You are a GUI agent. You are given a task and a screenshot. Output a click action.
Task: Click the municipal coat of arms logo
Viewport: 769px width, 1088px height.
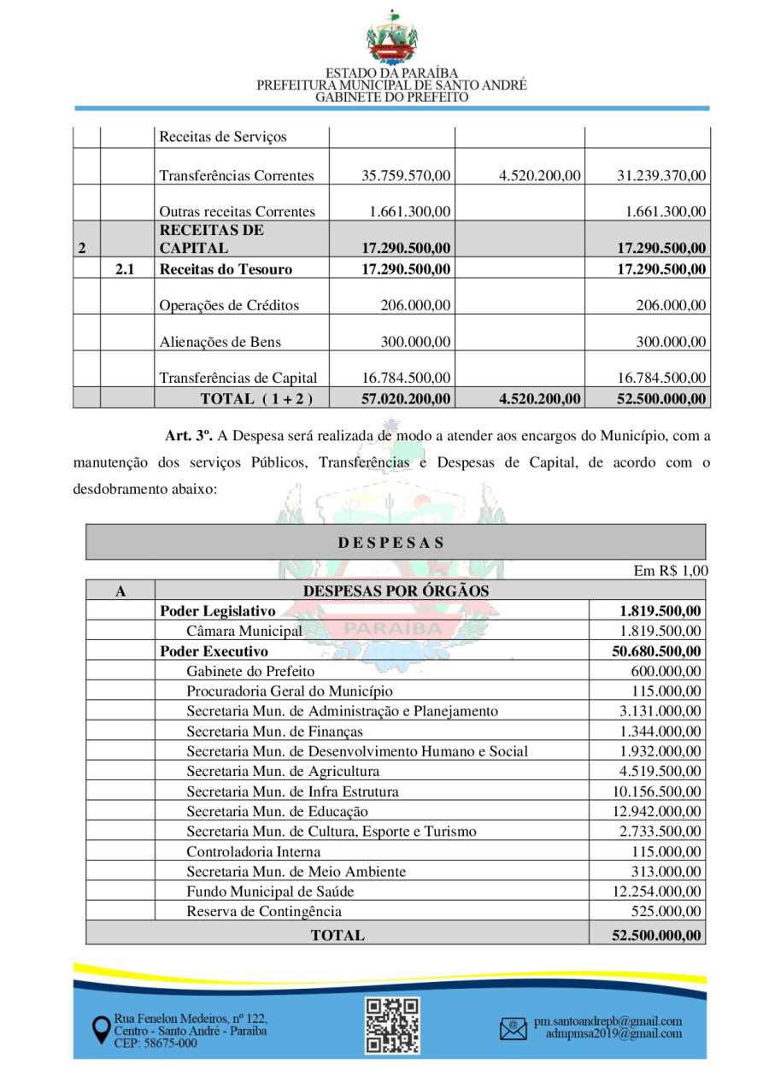(392, 38)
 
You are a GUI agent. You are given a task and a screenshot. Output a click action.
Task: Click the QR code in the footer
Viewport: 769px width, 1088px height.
(392, 1026)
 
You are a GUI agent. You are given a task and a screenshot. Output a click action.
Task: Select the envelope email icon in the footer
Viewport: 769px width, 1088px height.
(513, 1028)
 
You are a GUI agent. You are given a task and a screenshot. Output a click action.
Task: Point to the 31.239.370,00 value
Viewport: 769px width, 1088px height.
(661, 176)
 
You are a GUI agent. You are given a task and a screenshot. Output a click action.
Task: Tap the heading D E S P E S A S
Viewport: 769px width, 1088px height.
(390, 542)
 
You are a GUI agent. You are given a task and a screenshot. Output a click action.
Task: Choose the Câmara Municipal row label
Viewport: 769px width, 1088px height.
(244, 631)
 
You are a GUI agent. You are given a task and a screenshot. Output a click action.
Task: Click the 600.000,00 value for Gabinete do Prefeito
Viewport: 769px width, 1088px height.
(666, 671)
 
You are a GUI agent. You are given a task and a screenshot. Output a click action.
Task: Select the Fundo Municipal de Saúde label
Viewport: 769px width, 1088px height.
(270, 891)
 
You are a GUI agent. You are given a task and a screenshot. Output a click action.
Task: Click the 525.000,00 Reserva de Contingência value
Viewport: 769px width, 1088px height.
(666, 911)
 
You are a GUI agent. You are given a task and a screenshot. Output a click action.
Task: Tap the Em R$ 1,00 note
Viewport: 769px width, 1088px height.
(671, 571)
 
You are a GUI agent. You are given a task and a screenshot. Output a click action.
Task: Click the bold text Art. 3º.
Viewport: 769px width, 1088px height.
(188, 437)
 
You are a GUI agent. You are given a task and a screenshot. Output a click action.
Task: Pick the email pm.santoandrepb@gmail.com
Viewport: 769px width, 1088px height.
(608, 1021)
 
